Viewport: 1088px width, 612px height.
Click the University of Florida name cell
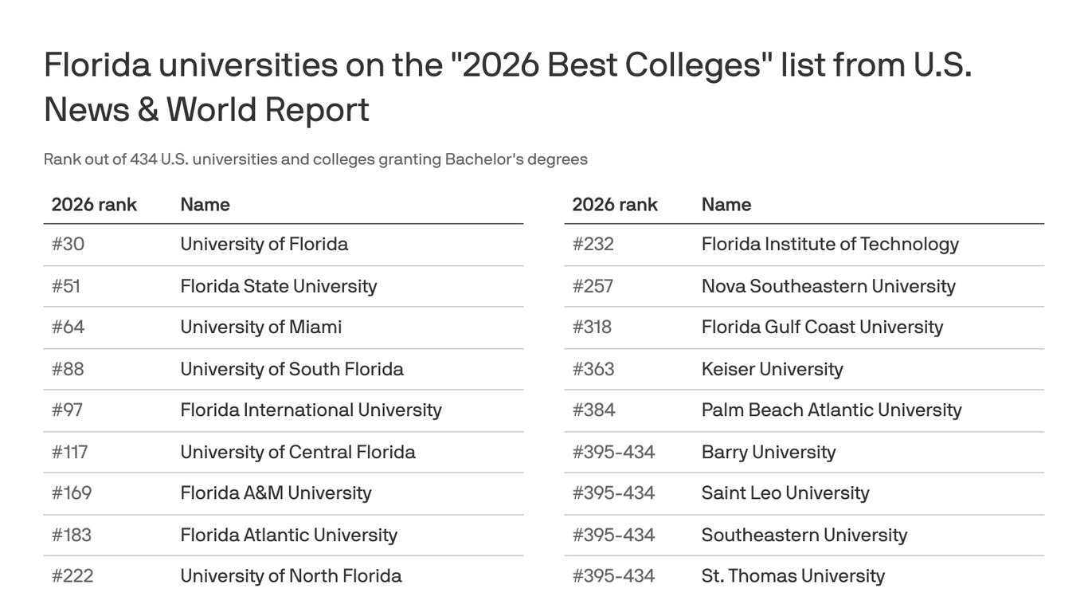[264, 244]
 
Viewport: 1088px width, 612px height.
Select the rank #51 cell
[66, 286]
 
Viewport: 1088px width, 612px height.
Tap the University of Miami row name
[260, 327]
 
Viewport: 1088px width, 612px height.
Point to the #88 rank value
[68, 369]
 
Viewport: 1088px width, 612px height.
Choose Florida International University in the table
[311, 410]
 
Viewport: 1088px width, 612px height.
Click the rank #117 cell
[69, 452]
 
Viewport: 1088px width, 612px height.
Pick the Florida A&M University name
[276, 492]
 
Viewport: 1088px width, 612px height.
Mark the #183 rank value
[71, 535]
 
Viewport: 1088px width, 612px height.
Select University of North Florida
[291, 575]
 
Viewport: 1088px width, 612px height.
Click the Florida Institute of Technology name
[830, 244]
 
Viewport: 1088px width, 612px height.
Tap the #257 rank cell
[593, 286]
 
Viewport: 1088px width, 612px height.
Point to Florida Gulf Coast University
[822, 327]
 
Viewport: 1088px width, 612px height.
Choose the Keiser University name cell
[772, 369]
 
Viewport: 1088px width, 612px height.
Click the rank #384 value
[593, 410]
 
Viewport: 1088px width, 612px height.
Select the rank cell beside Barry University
[613, 452]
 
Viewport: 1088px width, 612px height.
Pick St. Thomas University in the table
[793, 575]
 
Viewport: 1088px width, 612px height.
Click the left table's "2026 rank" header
[94, 205]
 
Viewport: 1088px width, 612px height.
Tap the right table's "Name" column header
[726, 205]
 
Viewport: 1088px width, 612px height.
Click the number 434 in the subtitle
[143, 159]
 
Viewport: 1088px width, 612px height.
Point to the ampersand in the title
[147, 110]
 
